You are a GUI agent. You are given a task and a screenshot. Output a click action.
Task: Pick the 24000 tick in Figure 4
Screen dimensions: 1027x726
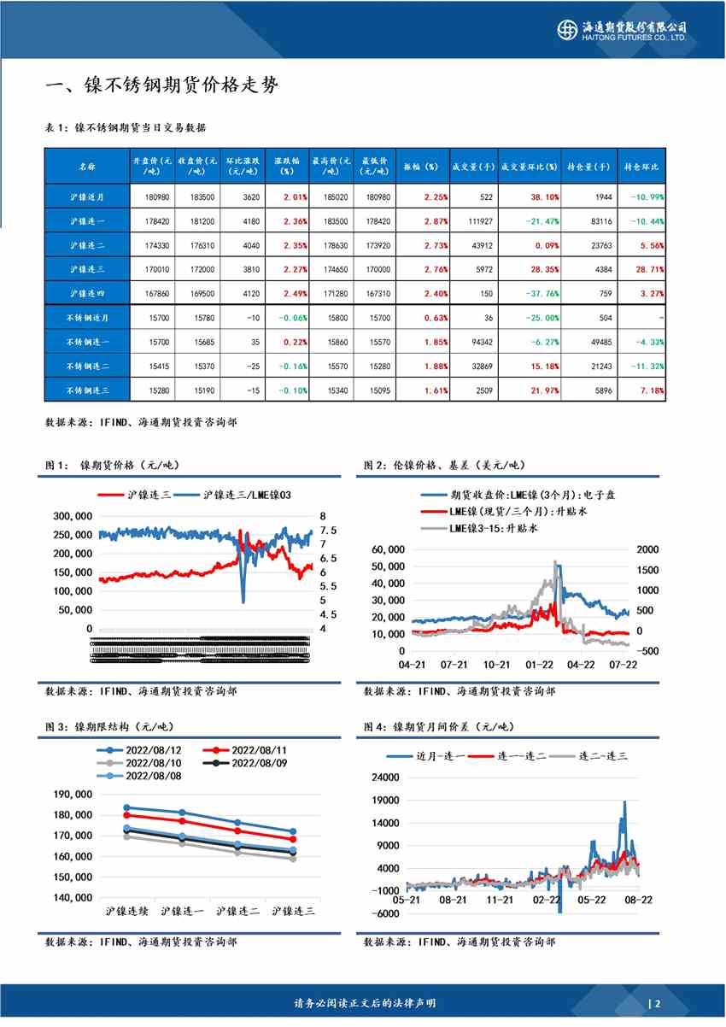tap(387, 778)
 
